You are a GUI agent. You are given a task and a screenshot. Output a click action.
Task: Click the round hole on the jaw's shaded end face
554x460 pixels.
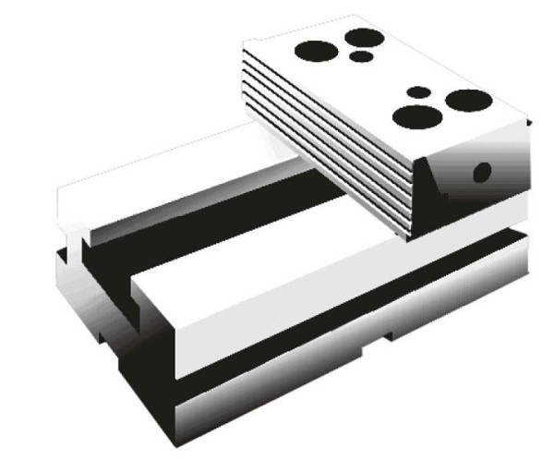[x=481, y=172]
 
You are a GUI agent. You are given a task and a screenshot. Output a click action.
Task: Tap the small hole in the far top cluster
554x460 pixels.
[x=362, y=56]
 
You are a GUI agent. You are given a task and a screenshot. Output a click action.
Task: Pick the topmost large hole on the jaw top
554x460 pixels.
[x=365, y=37]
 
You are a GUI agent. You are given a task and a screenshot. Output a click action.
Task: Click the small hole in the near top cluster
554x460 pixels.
[x=418, y=92]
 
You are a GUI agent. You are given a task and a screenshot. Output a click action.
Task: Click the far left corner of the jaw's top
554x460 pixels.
[x=245, y=43]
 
